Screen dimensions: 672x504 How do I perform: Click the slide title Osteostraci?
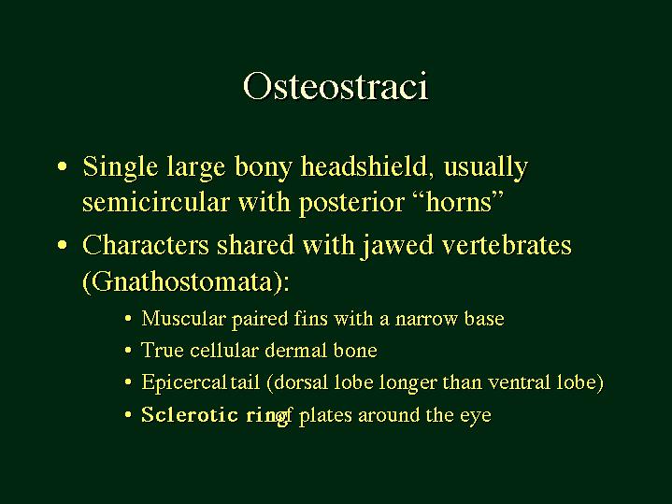pyautogui.click(x=336, y=86)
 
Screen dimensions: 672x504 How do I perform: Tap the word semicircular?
pyautogui.click(x=156, y=202)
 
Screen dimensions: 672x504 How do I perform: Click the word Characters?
pyautogui.click(x=145, y=245)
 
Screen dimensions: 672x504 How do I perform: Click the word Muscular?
pyautogui.click(x=183, y=318)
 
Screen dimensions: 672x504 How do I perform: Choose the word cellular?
pyautogui.click(x=223, y=350)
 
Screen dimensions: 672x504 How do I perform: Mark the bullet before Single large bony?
pyautogui.click(x=62, y=166)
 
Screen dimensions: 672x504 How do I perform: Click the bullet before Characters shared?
pyautogui.click(x=62, y=246)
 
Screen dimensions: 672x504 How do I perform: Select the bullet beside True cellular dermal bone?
pyautogui.click(x=128, y=351)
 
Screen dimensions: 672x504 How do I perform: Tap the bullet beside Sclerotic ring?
pyautogui.click(x=128, y=415)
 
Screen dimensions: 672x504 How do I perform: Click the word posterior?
pyautogui.click(x=351, y=203)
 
